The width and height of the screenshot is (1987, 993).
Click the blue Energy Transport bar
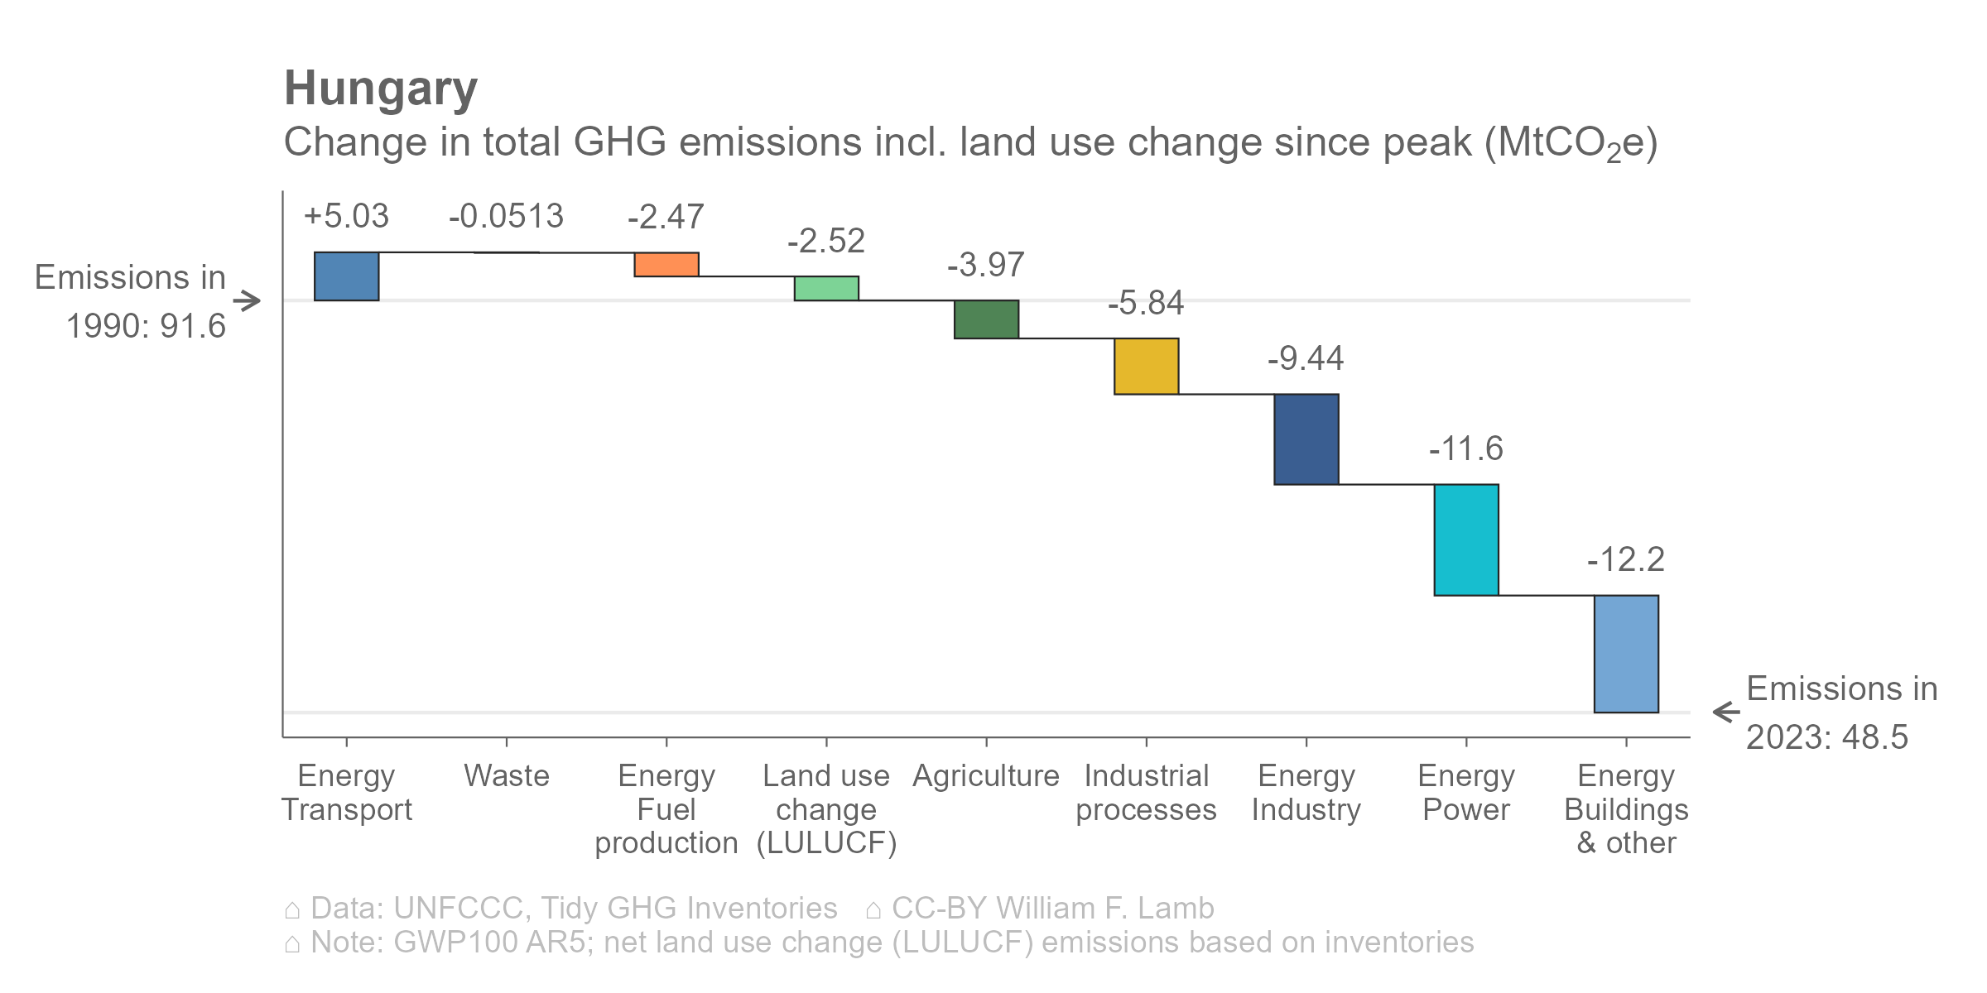[x=346, y=276]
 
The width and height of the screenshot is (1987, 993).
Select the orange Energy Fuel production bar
[x=666, y=265]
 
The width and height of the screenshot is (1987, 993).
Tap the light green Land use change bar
[x=826, y=289]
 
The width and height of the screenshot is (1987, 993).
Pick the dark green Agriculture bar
[x=986, y=319]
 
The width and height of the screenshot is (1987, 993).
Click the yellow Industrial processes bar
[x=1146, y=367]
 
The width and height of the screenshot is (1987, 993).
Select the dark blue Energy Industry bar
[x=1306, y=439]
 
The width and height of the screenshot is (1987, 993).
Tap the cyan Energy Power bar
[x=1466, y=540]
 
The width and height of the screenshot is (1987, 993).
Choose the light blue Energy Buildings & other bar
[x=1626, y=654]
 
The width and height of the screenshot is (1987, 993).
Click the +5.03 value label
[x=346, y=217]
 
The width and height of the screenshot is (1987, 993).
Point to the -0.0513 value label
[x=506, y=217]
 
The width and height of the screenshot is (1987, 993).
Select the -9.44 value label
[x=1306, y=359]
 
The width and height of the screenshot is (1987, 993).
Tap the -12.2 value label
[x=1626, y=560]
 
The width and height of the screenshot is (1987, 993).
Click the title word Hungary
[x=381, y=89]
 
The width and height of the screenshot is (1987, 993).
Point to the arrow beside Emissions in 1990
[x=247, y=300]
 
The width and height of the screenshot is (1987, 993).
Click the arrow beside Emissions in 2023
[x=1726, y=712]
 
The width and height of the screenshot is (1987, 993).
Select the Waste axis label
[x=506, y=776]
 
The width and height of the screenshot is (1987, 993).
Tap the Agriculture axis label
[x=986, y=776]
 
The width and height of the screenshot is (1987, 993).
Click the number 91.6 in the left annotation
[x=193, y=326]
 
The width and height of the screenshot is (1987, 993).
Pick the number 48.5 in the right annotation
[x=1875, y=737]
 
